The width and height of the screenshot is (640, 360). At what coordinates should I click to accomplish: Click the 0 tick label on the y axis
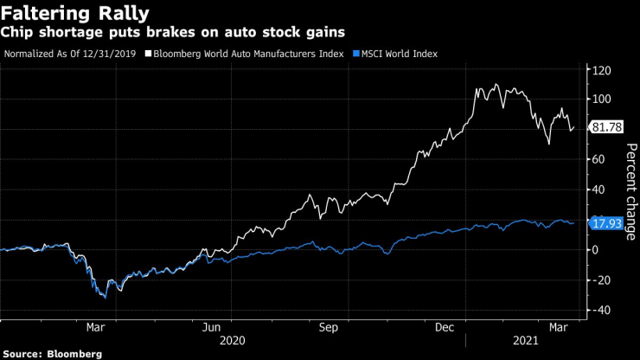point(597,249)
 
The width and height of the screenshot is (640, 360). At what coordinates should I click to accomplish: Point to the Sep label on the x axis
point(328,328)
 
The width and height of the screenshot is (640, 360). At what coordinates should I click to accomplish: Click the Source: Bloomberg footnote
point(54,353)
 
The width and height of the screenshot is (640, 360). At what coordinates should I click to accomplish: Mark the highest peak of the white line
point(496,84)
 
